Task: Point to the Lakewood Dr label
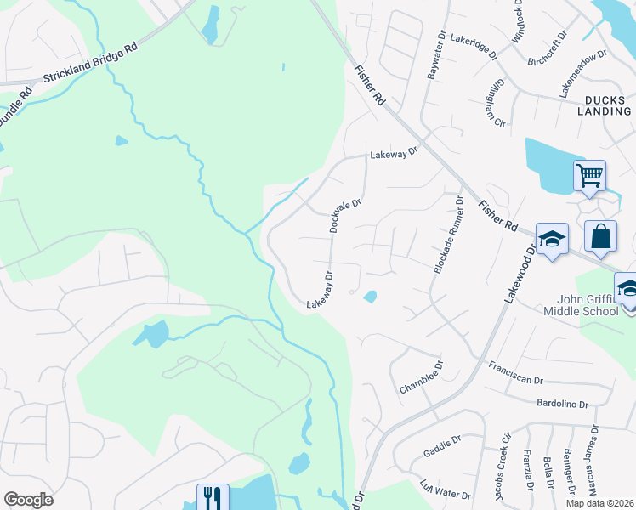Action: point(520,272)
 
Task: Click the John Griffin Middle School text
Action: point(588,305)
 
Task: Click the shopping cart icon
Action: point(590,176)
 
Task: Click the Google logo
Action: point(28,500)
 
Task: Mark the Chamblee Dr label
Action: point(422,377)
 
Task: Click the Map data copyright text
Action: point(599,503)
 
